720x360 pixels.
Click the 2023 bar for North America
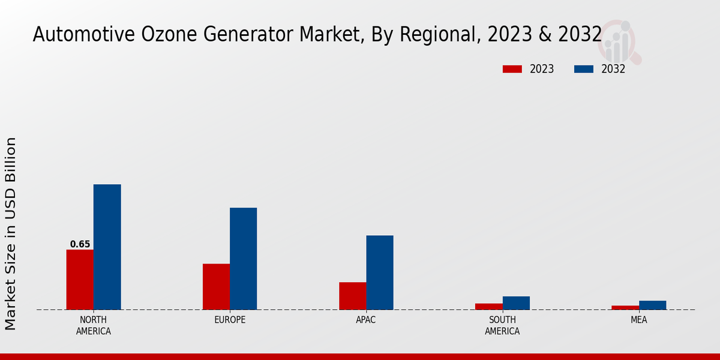(x=80, y=280)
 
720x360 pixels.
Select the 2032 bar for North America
(x=107, y=247)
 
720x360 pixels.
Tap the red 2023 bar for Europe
(x=216, y=287)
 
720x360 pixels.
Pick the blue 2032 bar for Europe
(x=243, y=259)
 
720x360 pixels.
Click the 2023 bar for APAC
(x=352, y=296)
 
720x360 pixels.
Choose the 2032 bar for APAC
(x=380, y=272)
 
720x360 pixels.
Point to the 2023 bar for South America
(x=488, y=307)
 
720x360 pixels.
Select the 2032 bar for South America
(x=516, y=303)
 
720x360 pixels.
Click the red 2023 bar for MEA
(x=625, y=308)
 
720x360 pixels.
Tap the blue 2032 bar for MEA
(x=652, y=305)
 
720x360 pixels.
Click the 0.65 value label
(x=80, y=244)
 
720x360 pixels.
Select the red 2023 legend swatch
(x=512, y=69)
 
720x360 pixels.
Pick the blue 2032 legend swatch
(x=583, y=69)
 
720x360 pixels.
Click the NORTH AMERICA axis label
(x=94, y=325)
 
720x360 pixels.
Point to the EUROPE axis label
(x=230, y=320)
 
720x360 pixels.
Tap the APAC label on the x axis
(x=366, y=320)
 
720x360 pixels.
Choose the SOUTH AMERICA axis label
(x=502, y=325)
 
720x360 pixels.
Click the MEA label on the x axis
(x=638, y=320)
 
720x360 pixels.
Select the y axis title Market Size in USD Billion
(x=11, y=233)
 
